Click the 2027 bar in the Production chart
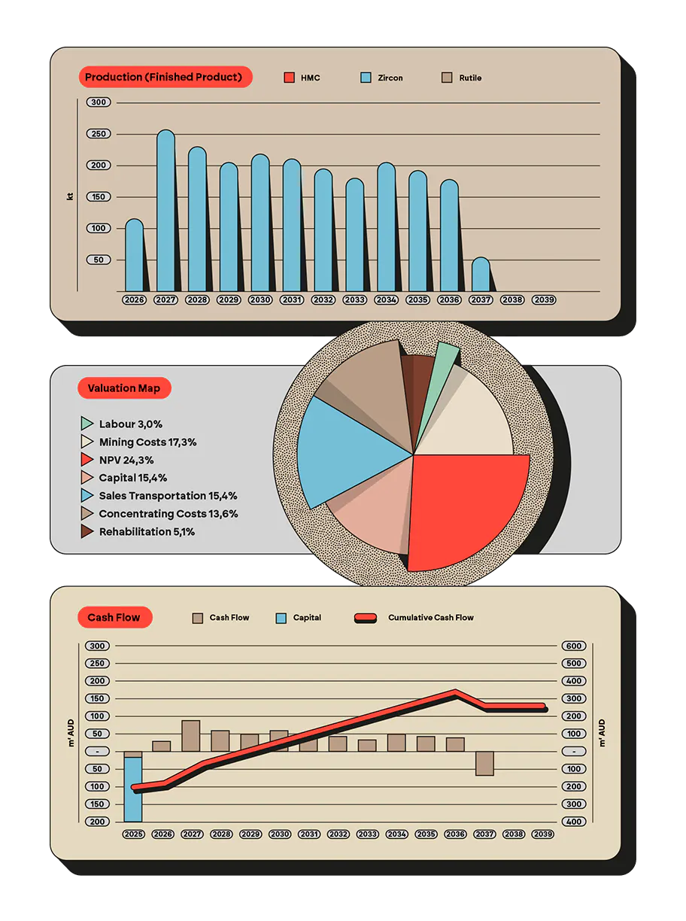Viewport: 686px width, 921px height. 165,211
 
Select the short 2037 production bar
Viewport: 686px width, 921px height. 481,275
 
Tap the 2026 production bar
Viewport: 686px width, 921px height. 134,255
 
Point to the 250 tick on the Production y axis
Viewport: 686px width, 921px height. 99,134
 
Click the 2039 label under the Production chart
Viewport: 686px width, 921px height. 544,299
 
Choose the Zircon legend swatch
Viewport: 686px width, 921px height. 366,78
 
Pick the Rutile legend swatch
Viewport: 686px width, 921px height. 447,78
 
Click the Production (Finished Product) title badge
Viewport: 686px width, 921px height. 165,77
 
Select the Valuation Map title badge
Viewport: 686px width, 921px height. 124,388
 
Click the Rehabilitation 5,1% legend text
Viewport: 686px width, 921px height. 147,531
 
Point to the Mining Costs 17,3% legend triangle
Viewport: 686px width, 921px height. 87,442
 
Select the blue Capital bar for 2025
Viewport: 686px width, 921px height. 133,789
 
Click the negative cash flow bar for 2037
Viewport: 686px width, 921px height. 484,763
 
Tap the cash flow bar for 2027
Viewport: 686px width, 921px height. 191,736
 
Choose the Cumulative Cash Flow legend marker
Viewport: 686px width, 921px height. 366,619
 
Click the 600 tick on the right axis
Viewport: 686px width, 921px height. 574,646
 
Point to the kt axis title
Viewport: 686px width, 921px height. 70,196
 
